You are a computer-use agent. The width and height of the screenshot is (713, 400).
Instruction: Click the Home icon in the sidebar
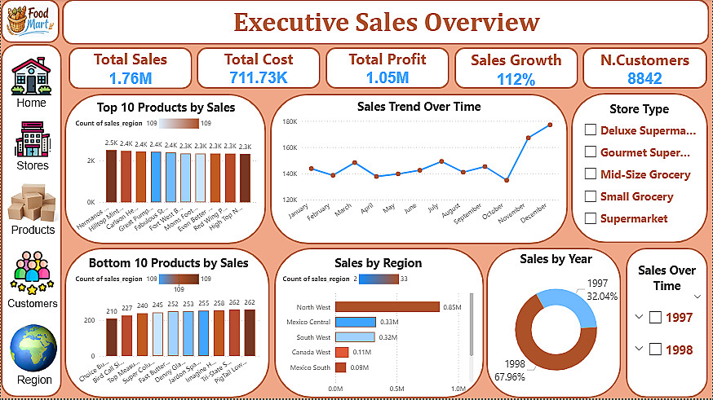click(x=31, y=76)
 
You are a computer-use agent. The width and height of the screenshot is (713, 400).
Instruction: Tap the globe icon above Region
click(x=33, y=348)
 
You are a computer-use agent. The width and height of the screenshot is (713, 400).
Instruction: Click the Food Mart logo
click(x=32, y=20)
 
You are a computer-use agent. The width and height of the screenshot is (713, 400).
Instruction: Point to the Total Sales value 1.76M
click(x=130, y=78)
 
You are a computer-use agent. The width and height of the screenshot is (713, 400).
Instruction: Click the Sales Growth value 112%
click(x=516, y=79)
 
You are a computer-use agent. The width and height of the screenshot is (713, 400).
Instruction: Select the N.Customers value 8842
click(x=644, y=78)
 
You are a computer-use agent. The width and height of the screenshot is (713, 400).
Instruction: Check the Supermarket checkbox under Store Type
click(x=591, y=218)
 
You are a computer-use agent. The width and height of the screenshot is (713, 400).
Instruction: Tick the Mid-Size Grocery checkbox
click(x=591, y=174)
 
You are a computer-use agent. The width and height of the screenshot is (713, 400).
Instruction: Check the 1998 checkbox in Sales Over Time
click(x=655, y=349)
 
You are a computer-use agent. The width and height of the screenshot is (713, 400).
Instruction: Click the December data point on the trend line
click(x=550, y=125)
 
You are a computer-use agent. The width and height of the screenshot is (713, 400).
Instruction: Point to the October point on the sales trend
click(x=507, y=180)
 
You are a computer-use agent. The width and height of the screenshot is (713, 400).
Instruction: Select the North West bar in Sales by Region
click(x=387, y=306)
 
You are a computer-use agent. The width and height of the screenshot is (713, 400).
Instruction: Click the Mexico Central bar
click(x=355, y=322)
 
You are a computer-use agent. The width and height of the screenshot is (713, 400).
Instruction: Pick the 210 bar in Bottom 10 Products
click(x=112, y=336)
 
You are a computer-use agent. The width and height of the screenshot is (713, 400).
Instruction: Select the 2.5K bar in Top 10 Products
click(x=111, y=174)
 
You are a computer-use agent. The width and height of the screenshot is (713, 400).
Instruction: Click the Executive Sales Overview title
click(x=386, y=22)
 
